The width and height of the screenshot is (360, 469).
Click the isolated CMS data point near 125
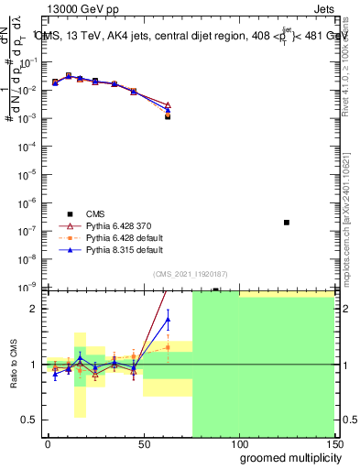click(287, 223)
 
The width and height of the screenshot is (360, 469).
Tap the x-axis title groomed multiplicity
click(286, 457)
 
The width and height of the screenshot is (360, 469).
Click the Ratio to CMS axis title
click(14, 364)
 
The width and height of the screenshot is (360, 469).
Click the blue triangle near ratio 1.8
click(168, 319)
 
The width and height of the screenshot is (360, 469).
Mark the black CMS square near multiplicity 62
click(168, 116)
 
